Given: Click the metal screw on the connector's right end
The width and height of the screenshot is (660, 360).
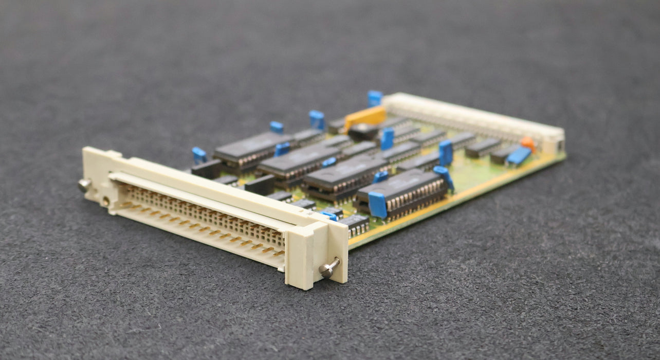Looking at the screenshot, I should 328,267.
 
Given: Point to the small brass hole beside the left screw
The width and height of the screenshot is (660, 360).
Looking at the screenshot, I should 106,201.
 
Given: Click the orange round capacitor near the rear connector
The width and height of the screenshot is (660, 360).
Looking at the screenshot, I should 528,143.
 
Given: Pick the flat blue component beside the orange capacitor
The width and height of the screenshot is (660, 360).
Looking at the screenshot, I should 519,155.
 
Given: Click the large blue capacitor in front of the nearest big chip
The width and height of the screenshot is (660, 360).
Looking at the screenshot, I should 377,204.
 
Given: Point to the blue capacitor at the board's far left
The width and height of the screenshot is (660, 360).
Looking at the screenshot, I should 199,154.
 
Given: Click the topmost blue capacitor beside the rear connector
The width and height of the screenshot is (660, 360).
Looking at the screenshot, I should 375,98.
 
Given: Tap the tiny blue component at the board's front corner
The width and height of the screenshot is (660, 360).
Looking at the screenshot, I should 329,215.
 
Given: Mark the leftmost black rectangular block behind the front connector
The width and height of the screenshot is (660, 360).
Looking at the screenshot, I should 207,168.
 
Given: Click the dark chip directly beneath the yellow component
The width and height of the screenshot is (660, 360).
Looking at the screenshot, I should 363,132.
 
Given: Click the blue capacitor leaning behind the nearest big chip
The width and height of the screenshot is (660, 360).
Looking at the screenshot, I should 444,176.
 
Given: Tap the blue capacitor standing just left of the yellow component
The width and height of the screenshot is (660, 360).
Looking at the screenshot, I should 317,119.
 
